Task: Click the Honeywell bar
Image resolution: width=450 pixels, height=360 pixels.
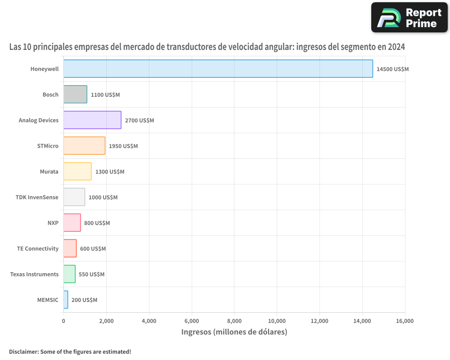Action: click(218, 69)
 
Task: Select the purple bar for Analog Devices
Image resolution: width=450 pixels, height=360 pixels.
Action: click(92, 120)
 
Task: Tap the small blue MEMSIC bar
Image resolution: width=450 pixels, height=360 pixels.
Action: click(66, 300)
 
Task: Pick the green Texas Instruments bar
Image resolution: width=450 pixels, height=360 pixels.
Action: click(69, 274)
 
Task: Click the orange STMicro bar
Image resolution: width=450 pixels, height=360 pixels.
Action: click(84, 146)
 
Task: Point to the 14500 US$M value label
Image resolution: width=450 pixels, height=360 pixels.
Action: click(392, 69)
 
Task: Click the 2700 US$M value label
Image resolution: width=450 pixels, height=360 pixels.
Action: click(139, 121)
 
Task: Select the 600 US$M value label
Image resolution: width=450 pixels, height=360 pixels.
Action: click(93, 249)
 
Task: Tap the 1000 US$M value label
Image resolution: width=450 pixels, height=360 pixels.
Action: click(103, 198)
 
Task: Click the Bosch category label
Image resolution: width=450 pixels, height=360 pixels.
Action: click(50, 95)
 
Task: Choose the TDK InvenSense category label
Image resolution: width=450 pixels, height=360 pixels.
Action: click(37, 198)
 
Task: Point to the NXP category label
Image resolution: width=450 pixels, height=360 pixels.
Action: click(53, 223)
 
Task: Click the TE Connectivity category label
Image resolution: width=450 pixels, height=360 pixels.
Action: click(38, 249)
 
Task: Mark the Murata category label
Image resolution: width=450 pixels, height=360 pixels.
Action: click(49, 172)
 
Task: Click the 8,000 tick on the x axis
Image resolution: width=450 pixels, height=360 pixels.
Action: click(234, 321)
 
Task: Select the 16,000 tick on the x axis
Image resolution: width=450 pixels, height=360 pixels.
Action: click(405, 321)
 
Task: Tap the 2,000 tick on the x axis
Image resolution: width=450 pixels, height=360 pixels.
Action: click(106, 321)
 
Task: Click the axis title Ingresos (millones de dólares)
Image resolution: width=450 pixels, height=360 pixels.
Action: click(234, 332)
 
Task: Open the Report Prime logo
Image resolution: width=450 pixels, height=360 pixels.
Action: click(409, 18)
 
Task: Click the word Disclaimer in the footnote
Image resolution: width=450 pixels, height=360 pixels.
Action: click(23, 351)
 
